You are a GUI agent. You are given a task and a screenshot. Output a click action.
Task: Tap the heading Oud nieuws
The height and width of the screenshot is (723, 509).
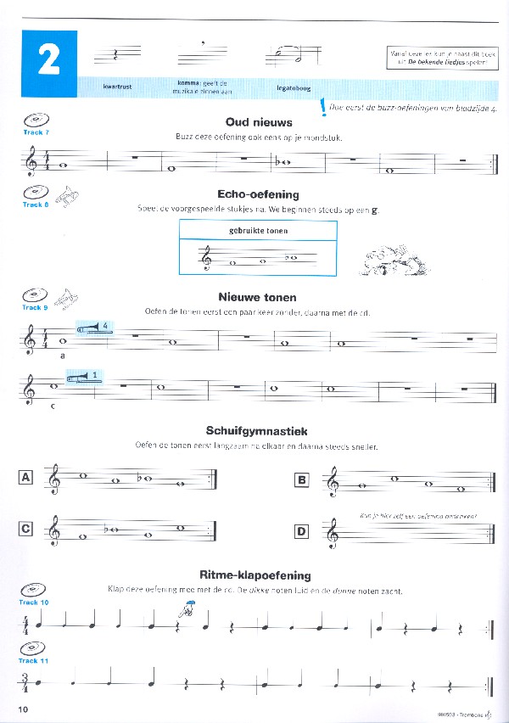tap(259, 121)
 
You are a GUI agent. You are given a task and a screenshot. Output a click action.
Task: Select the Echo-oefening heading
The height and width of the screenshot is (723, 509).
tap(258, 194)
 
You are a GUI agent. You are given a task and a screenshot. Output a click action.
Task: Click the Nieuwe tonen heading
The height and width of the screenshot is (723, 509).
tap(258, 297)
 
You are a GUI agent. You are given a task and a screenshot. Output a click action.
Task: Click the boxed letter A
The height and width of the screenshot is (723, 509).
tap(25, 478)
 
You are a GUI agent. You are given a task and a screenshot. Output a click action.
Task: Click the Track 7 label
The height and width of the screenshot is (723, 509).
tap(36, 133)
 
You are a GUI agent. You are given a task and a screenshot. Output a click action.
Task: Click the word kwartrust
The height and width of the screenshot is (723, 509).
tap(116, 87)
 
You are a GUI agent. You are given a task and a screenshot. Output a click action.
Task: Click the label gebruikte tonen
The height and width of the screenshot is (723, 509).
tap(259, 230)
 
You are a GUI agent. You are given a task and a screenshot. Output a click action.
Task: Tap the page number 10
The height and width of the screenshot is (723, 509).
tap(23, 708)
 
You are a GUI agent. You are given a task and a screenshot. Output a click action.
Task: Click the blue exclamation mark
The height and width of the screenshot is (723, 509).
tap(323, 109)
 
